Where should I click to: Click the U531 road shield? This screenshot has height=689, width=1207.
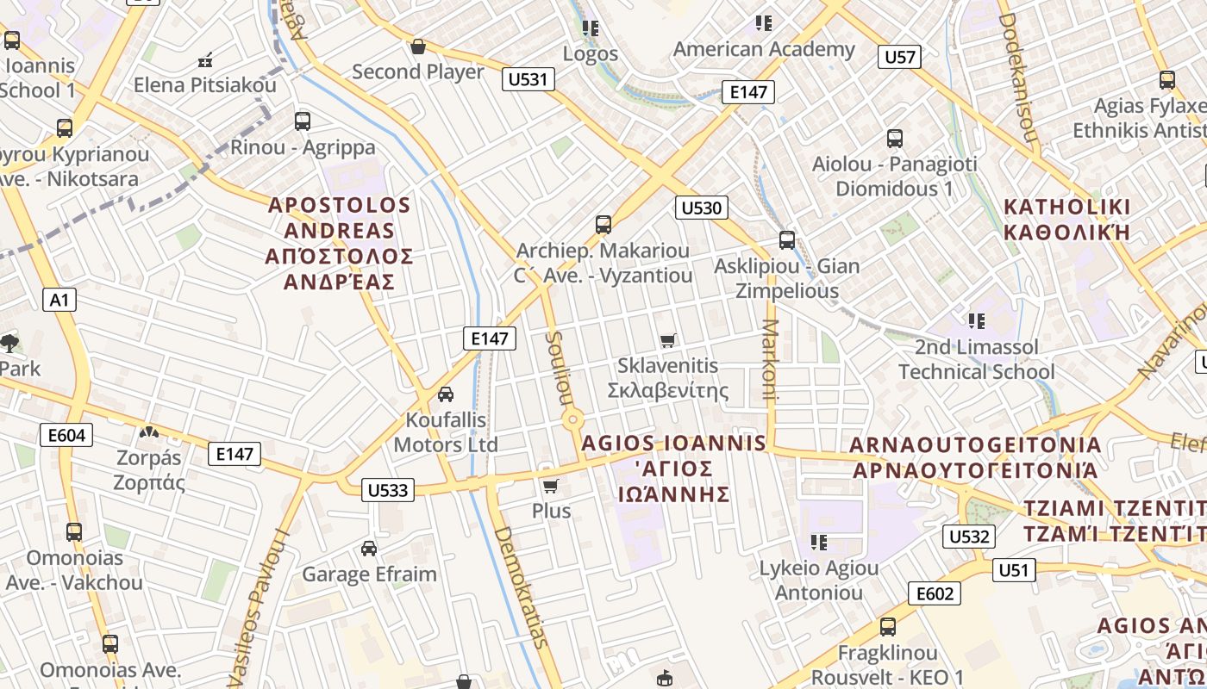[528, 80]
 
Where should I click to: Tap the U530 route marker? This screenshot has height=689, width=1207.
[701, 208]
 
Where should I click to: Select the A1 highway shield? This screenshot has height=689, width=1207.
[59, 300]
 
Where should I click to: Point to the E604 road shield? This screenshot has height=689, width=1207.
[66, 435]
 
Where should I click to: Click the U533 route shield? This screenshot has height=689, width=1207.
[388, 490]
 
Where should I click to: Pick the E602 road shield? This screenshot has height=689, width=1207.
[934, 593]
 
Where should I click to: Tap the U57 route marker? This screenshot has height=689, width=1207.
[900, 58]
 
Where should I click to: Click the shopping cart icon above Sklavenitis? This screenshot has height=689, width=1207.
[668, 340]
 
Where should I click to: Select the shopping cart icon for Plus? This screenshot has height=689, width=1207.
[551, 485]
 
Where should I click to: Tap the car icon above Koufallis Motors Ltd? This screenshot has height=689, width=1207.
[446, 394]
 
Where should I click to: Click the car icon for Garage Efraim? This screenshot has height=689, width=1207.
[369, 548]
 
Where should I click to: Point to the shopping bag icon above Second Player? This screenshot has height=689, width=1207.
[418, 47]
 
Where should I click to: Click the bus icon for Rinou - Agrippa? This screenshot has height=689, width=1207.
[303, 121]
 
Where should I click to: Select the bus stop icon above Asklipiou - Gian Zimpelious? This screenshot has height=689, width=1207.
[786, 240]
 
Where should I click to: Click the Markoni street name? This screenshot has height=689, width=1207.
[770, 361]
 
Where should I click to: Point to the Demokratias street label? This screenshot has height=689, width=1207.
[521, 586]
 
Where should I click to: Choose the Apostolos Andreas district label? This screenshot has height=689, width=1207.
[340, 243]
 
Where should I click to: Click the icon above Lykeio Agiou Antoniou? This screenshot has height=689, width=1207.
[819, 542]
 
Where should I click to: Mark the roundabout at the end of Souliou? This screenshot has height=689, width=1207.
[572, 420]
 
